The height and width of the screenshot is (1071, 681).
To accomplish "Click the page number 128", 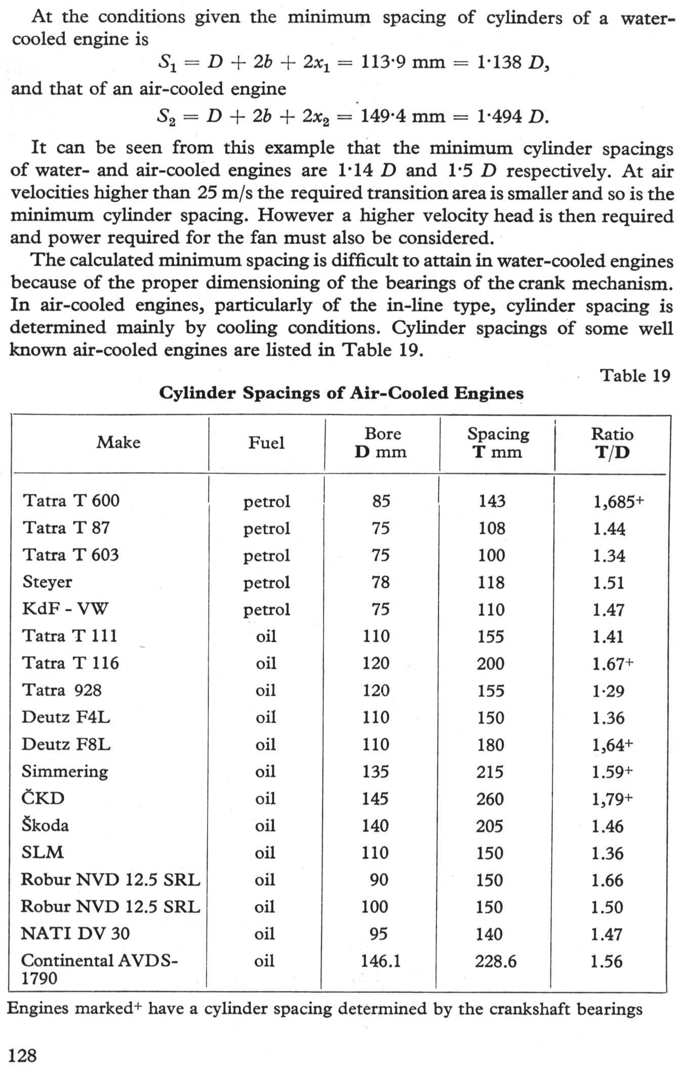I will [x=23, y=1055].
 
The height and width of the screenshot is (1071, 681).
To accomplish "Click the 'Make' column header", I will [x=118, y=442].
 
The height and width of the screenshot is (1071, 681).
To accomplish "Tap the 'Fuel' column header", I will [x=266, y=443].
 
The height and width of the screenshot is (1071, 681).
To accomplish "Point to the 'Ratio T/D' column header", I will [x=612, y=443].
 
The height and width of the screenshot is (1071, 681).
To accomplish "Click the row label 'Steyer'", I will [x=47, y=582].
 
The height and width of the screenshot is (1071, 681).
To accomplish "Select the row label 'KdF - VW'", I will [x=65, y=609].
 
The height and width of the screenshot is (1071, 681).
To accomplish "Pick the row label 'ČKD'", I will [x=43, y=798].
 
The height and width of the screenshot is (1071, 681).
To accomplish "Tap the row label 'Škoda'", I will [x=45, y=825].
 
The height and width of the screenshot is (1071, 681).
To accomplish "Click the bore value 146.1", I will [x=380, y=961].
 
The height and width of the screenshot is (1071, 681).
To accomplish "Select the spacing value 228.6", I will [x=496, y=961].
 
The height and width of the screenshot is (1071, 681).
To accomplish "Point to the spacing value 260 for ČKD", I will [x=490, y=799].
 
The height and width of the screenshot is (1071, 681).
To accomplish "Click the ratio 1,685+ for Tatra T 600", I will [x=618, y=501].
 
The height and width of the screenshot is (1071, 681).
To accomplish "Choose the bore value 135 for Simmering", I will [x=376, y=771].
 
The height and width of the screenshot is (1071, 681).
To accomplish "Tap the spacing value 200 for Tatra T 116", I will [x=491, y=663].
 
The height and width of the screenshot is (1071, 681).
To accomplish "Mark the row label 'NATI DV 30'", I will [x=75, y=933].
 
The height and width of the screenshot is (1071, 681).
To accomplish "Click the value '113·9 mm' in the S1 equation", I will [x=403, y=62].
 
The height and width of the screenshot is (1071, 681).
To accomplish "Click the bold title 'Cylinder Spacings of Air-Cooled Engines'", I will [x=341, y=393].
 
